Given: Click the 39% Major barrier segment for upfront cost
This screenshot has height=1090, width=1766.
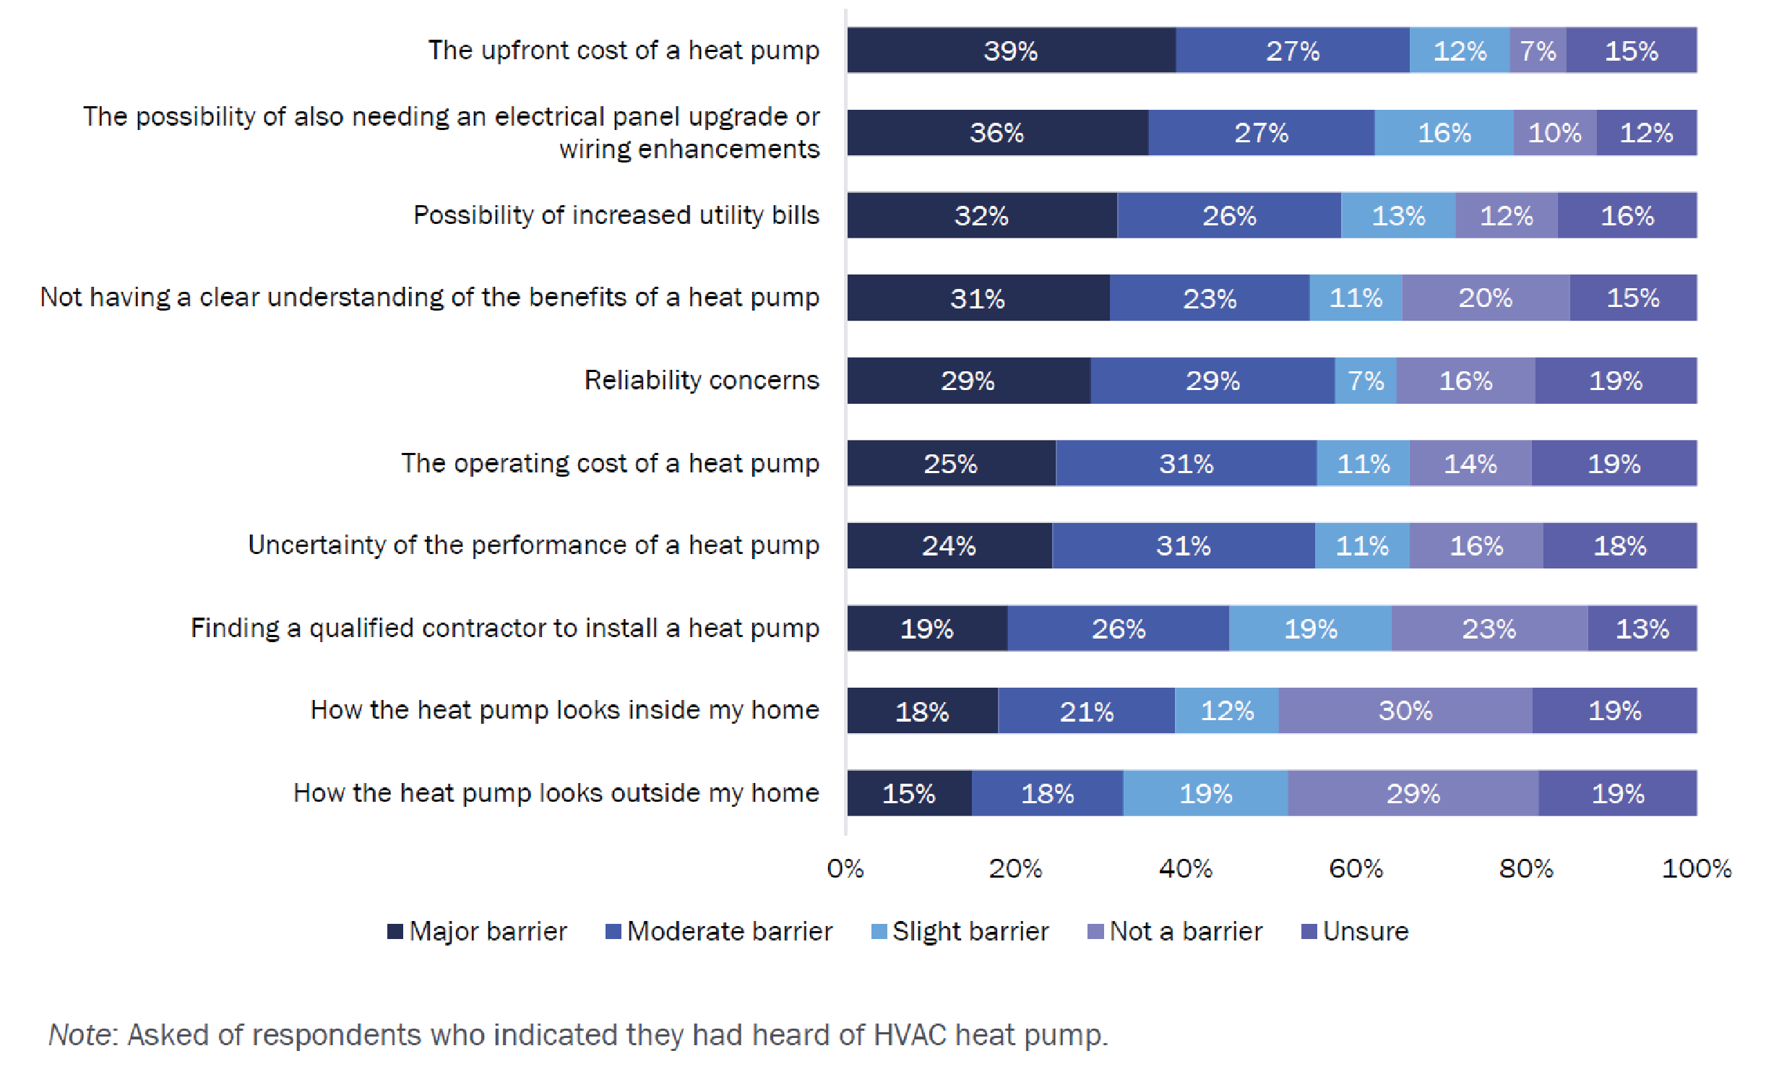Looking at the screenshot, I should [1011, 51].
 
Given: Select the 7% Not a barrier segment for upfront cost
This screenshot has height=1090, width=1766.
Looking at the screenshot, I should [1538, 51].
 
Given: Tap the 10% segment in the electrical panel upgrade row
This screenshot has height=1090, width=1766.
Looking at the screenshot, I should [1554, 133].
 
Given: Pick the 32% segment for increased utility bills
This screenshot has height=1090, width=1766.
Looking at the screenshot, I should [981, 215].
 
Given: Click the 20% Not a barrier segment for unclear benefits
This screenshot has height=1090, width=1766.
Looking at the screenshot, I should [1485, 298].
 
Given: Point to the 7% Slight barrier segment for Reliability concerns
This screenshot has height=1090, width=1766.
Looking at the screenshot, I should [1366, 381].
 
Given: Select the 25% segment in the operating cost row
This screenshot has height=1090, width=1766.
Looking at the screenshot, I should [950, 463].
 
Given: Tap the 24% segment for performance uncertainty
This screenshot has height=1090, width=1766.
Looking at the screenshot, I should [949, 545].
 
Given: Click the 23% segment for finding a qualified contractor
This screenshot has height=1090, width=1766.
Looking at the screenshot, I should [1489, 628].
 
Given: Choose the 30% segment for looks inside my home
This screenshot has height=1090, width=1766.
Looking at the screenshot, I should [1405, 711].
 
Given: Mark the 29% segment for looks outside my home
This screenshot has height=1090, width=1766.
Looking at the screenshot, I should [1413, 793].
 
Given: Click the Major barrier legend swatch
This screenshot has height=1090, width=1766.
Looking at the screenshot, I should [395, 932].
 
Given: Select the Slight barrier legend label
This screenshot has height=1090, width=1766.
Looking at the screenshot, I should [970, 932].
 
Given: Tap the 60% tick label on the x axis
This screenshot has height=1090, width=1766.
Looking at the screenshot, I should [1356, 868].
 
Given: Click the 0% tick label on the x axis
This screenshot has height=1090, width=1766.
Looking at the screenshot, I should [845, 868].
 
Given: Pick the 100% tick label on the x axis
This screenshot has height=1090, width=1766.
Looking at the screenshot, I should [1696, 868].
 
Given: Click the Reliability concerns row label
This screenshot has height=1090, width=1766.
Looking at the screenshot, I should [702, 380].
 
